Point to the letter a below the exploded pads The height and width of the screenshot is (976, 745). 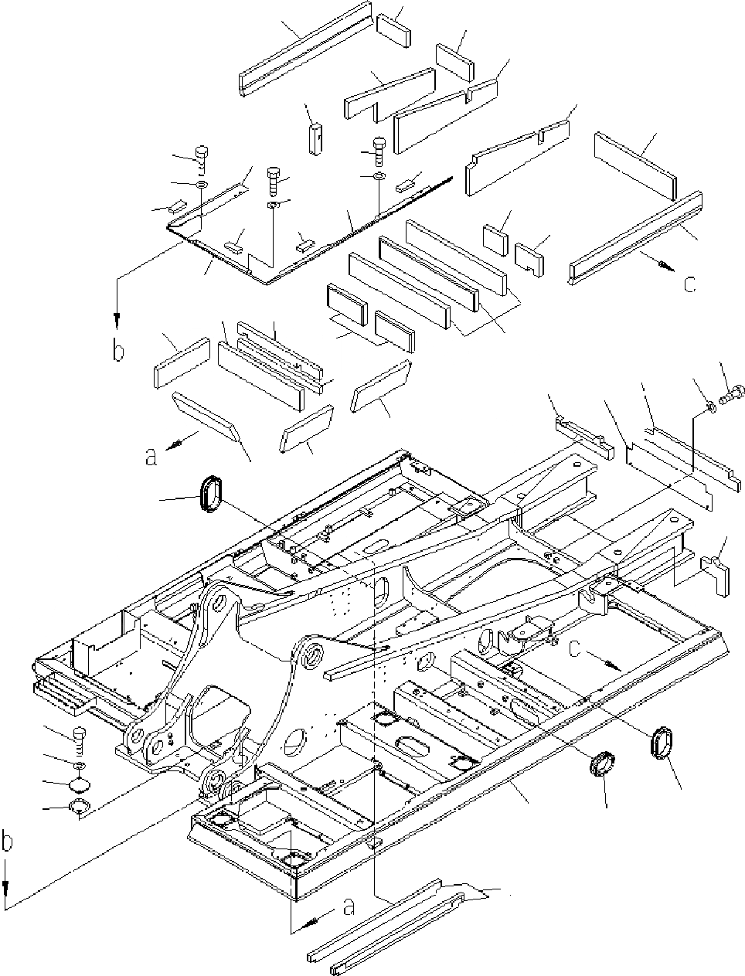(151, 457)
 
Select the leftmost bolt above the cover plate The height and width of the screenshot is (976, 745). (201, 155)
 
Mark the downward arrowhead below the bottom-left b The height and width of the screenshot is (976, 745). (7, 899)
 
